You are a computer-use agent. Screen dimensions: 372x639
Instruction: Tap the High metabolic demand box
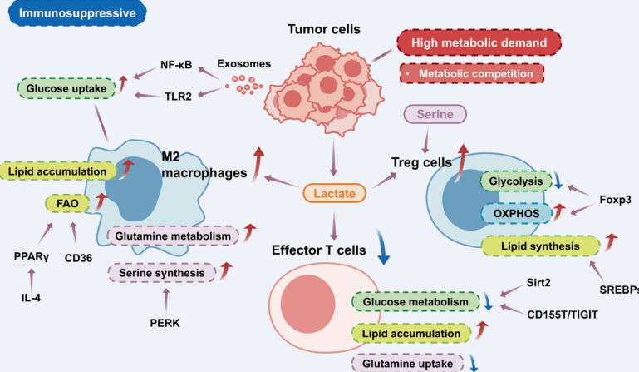tap(479, 42)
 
